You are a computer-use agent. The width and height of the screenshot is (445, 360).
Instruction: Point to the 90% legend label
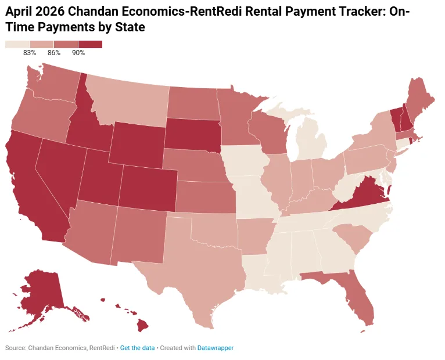point(78,53)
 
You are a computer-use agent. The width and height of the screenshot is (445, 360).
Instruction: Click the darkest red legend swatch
point(90,45)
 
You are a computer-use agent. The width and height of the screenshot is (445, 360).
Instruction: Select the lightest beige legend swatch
point(17,45)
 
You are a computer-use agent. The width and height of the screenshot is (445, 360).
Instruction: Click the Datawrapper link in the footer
point(216,348)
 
